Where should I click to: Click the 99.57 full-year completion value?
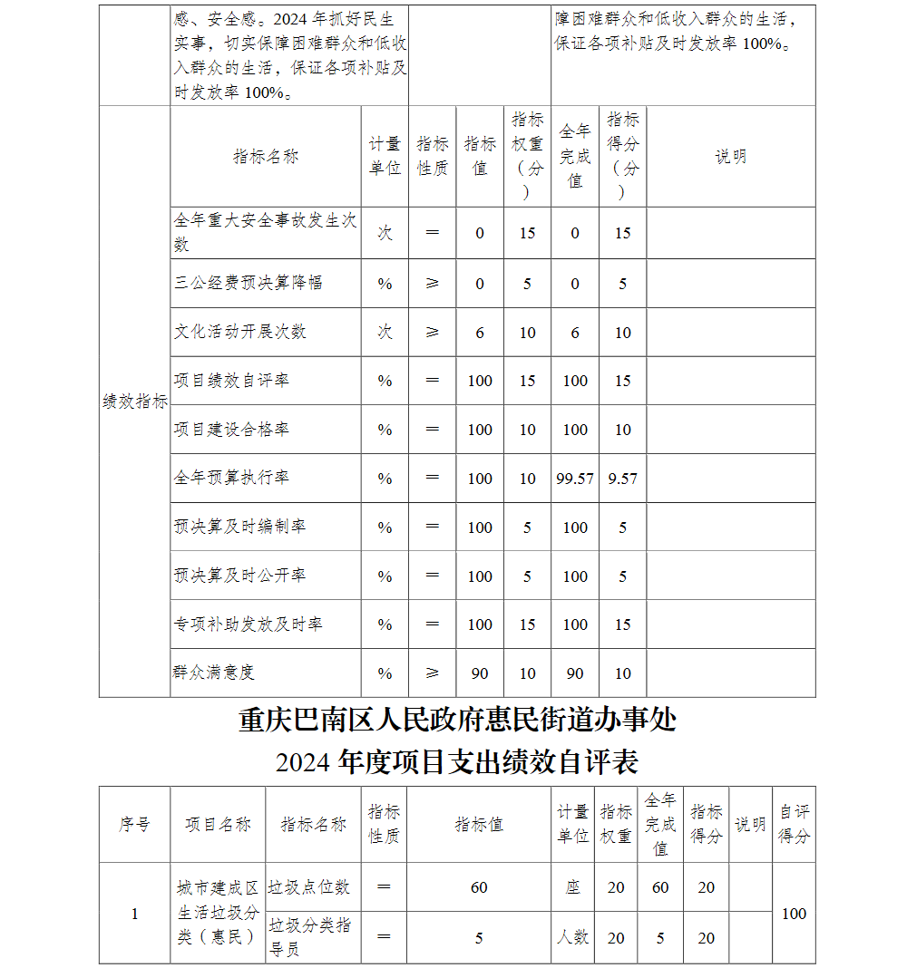pos(575,479)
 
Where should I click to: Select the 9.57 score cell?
pos(622,479)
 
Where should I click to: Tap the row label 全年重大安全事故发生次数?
pos(265,232)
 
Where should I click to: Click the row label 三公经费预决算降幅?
pos(248,283)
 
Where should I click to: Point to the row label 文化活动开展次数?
pos(240,332)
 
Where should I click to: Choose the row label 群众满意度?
pos(214,673)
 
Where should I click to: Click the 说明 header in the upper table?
pos(730,156)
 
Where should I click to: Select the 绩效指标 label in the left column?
pos(135,402)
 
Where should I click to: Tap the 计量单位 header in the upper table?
pos(385,156)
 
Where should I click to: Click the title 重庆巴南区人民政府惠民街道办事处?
pos(457,721)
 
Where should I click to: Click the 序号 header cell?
pos(134,825)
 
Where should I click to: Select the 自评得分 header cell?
pos(794,825)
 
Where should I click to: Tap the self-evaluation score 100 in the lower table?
pos(794,913)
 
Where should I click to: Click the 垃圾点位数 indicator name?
pos(308,887)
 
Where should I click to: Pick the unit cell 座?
pos(572,887)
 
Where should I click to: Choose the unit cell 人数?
pos(572,937)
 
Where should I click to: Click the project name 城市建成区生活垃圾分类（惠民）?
pos(218,912)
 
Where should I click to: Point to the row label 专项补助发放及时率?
pos(248,624)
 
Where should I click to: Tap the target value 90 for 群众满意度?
pos(480,673)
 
